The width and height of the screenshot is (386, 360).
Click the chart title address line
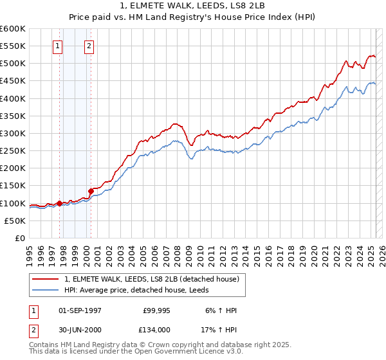pos(193,6)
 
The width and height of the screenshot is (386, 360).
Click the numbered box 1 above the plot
pos(58,46)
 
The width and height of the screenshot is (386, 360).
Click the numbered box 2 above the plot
pos(88,46)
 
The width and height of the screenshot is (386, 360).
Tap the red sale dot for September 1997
pos(59,203)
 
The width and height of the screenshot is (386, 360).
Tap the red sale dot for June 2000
pos(91,191)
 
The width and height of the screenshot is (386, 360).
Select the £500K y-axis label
pos(13,63)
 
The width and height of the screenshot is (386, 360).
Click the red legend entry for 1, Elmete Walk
pos(151,279)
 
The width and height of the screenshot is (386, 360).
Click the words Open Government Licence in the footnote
pos(185,352)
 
